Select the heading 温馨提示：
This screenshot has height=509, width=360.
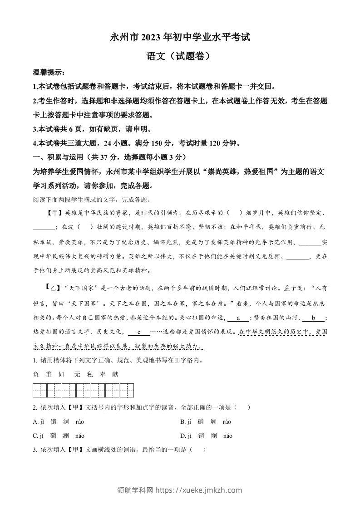tap(49, 73)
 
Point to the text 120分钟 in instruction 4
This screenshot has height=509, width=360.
tap(224, 143)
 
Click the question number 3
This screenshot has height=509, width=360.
tap(35, 450)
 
